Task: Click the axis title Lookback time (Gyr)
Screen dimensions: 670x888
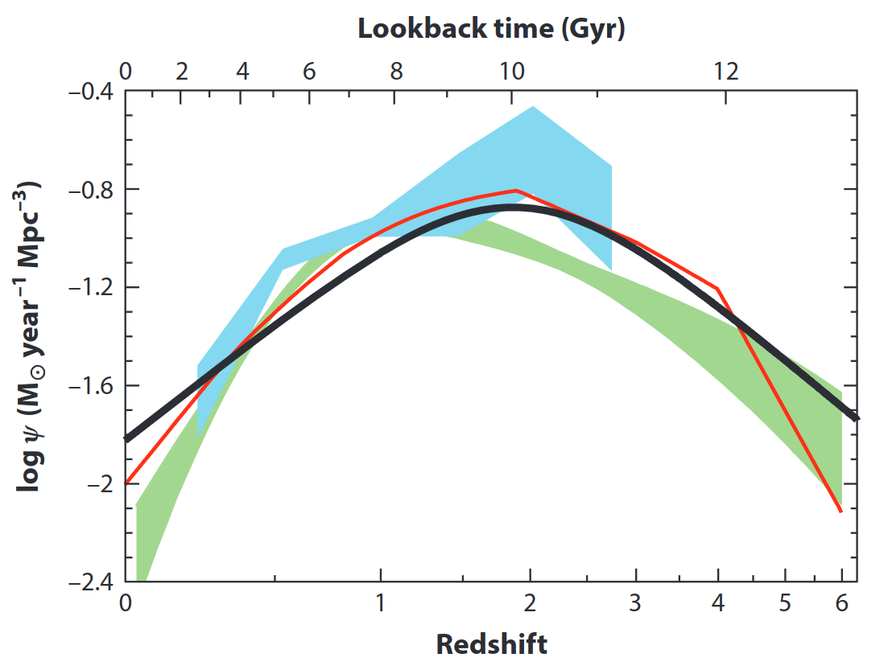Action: click(491, 30)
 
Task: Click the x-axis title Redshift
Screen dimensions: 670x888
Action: click(491, 643)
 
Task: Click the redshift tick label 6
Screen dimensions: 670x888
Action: click(842, 602)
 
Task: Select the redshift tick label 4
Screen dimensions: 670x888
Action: click(718, 602)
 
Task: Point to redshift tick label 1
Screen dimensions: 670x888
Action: click(379, 602)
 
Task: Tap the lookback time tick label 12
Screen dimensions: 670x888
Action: click(726, 72)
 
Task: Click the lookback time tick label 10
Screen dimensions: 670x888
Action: click(513, 72)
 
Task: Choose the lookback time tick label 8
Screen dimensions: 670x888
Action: click(396, 72)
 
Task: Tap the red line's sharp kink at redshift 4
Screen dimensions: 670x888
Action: click(717, 288)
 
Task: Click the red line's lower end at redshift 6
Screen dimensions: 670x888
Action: click(841, 512)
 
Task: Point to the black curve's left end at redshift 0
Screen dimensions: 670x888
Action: click(126, 439)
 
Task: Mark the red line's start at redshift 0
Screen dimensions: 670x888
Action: click(126, 483)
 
